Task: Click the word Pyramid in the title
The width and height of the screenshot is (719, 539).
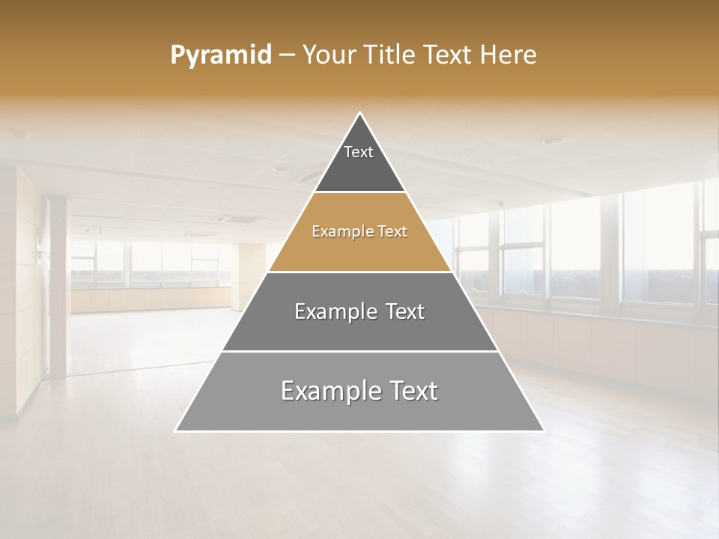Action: tap(221, 55)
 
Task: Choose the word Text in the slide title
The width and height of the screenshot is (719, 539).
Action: tap(449, 55)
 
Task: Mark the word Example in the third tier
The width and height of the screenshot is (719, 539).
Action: tap(331, 311)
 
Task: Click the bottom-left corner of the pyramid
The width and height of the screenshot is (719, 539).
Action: tap(177, 430)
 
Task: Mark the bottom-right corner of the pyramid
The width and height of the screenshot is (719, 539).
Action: tap(543, 430)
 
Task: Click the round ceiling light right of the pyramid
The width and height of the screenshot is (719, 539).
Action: tap(553, 140)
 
